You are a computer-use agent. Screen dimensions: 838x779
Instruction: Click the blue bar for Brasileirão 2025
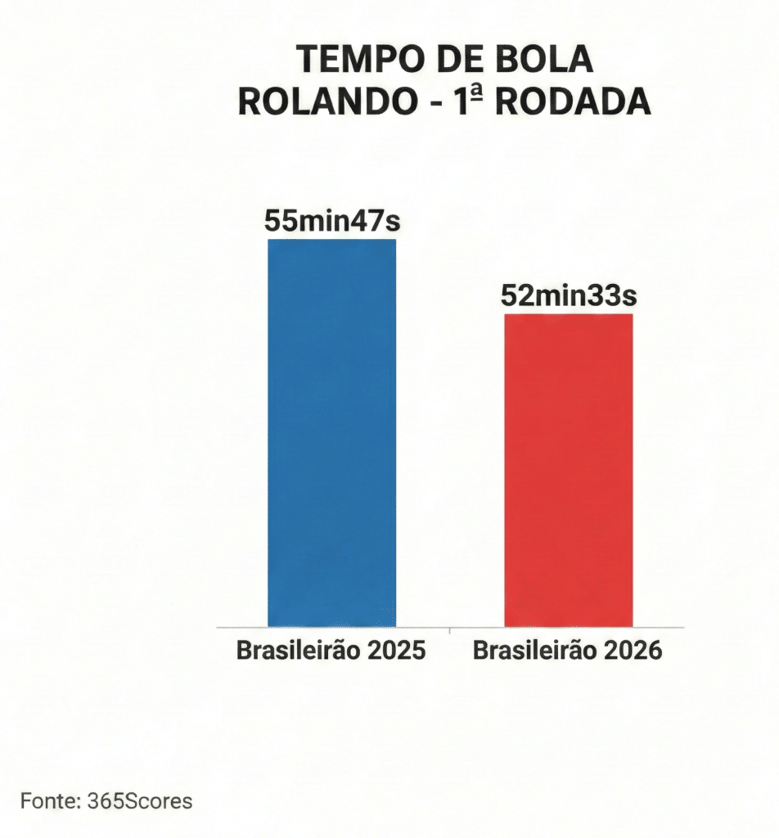[x=331, y=434]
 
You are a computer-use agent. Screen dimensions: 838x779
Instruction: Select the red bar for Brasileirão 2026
[x=568, y=471]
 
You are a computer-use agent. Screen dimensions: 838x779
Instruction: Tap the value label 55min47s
[x=331, y=221]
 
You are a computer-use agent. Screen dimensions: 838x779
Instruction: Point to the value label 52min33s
[x=568, y=295]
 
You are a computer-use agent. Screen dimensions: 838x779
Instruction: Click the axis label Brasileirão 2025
[x=331, y=651]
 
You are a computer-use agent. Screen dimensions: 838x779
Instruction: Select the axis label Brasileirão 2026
[x=568, y=651]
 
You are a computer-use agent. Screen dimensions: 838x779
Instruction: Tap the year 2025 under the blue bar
[x=396, y=651]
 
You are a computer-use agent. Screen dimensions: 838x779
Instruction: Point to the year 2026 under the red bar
[x=632, y=651]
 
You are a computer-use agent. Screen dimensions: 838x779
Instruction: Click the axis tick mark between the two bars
[x=450, y=629]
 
